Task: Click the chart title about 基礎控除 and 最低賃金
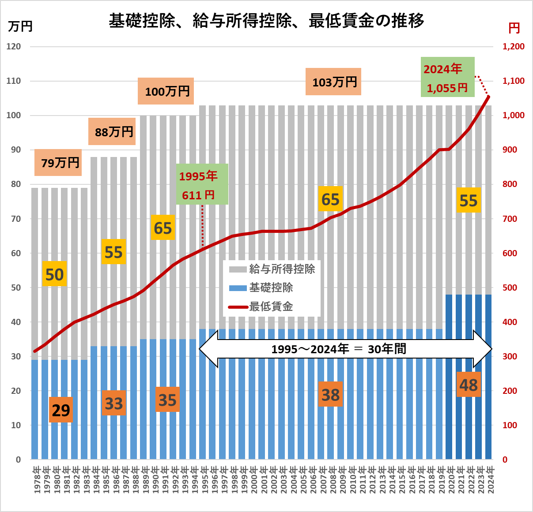click(266, 21)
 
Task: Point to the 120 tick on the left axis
click(14, 46)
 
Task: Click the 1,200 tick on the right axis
click(514, 46)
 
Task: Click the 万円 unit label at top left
click(20, 26)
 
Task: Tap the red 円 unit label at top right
click(514, 28)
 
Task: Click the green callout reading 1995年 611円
click(202, 184)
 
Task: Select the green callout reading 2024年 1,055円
click(447, 77)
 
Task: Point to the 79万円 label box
click(58, 163)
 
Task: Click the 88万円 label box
click(112, 132)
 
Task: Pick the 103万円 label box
click(333, 82)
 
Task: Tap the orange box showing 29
click(61, 410)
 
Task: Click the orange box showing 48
click(468, 385)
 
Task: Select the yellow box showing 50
click(55, 274)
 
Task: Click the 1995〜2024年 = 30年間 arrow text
click(339, 349)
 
